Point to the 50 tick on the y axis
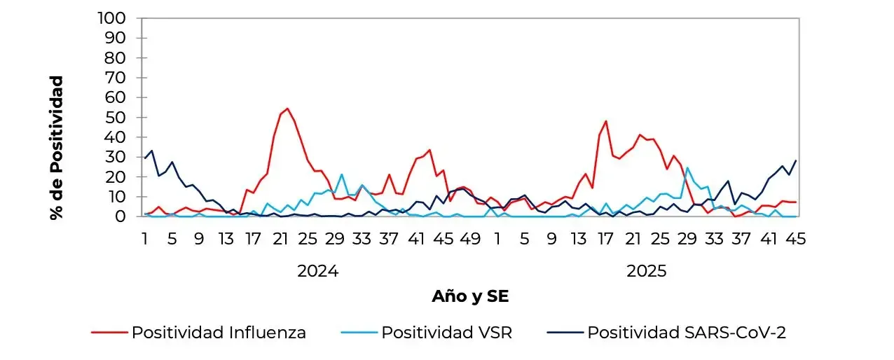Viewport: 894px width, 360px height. pos(118,117)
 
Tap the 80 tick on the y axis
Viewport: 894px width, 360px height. pos(118,57)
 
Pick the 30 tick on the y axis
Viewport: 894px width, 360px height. pos(118,157)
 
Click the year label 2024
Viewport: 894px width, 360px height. pos(317,271)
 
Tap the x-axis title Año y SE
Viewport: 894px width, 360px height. pos(470,296)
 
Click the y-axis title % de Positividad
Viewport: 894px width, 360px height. pos(57,148)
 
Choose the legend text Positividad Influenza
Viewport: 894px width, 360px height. pos(219,333)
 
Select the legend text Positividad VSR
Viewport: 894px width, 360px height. pos(446,333)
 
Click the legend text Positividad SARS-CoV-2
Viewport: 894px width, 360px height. pos(686,333)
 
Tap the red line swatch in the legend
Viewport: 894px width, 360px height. pos(109,333)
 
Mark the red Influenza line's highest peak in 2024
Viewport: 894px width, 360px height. pos(287,109)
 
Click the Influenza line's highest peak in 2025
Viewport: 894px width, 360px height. pos(606,121)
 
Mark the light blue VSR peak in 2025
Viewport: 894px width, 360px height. pos(687,167)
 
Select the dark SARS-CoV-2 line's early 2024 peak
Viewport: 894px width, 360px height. pos(151,151)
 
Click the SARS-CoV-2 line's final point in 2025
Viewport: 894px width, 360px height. pos(796,160)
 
